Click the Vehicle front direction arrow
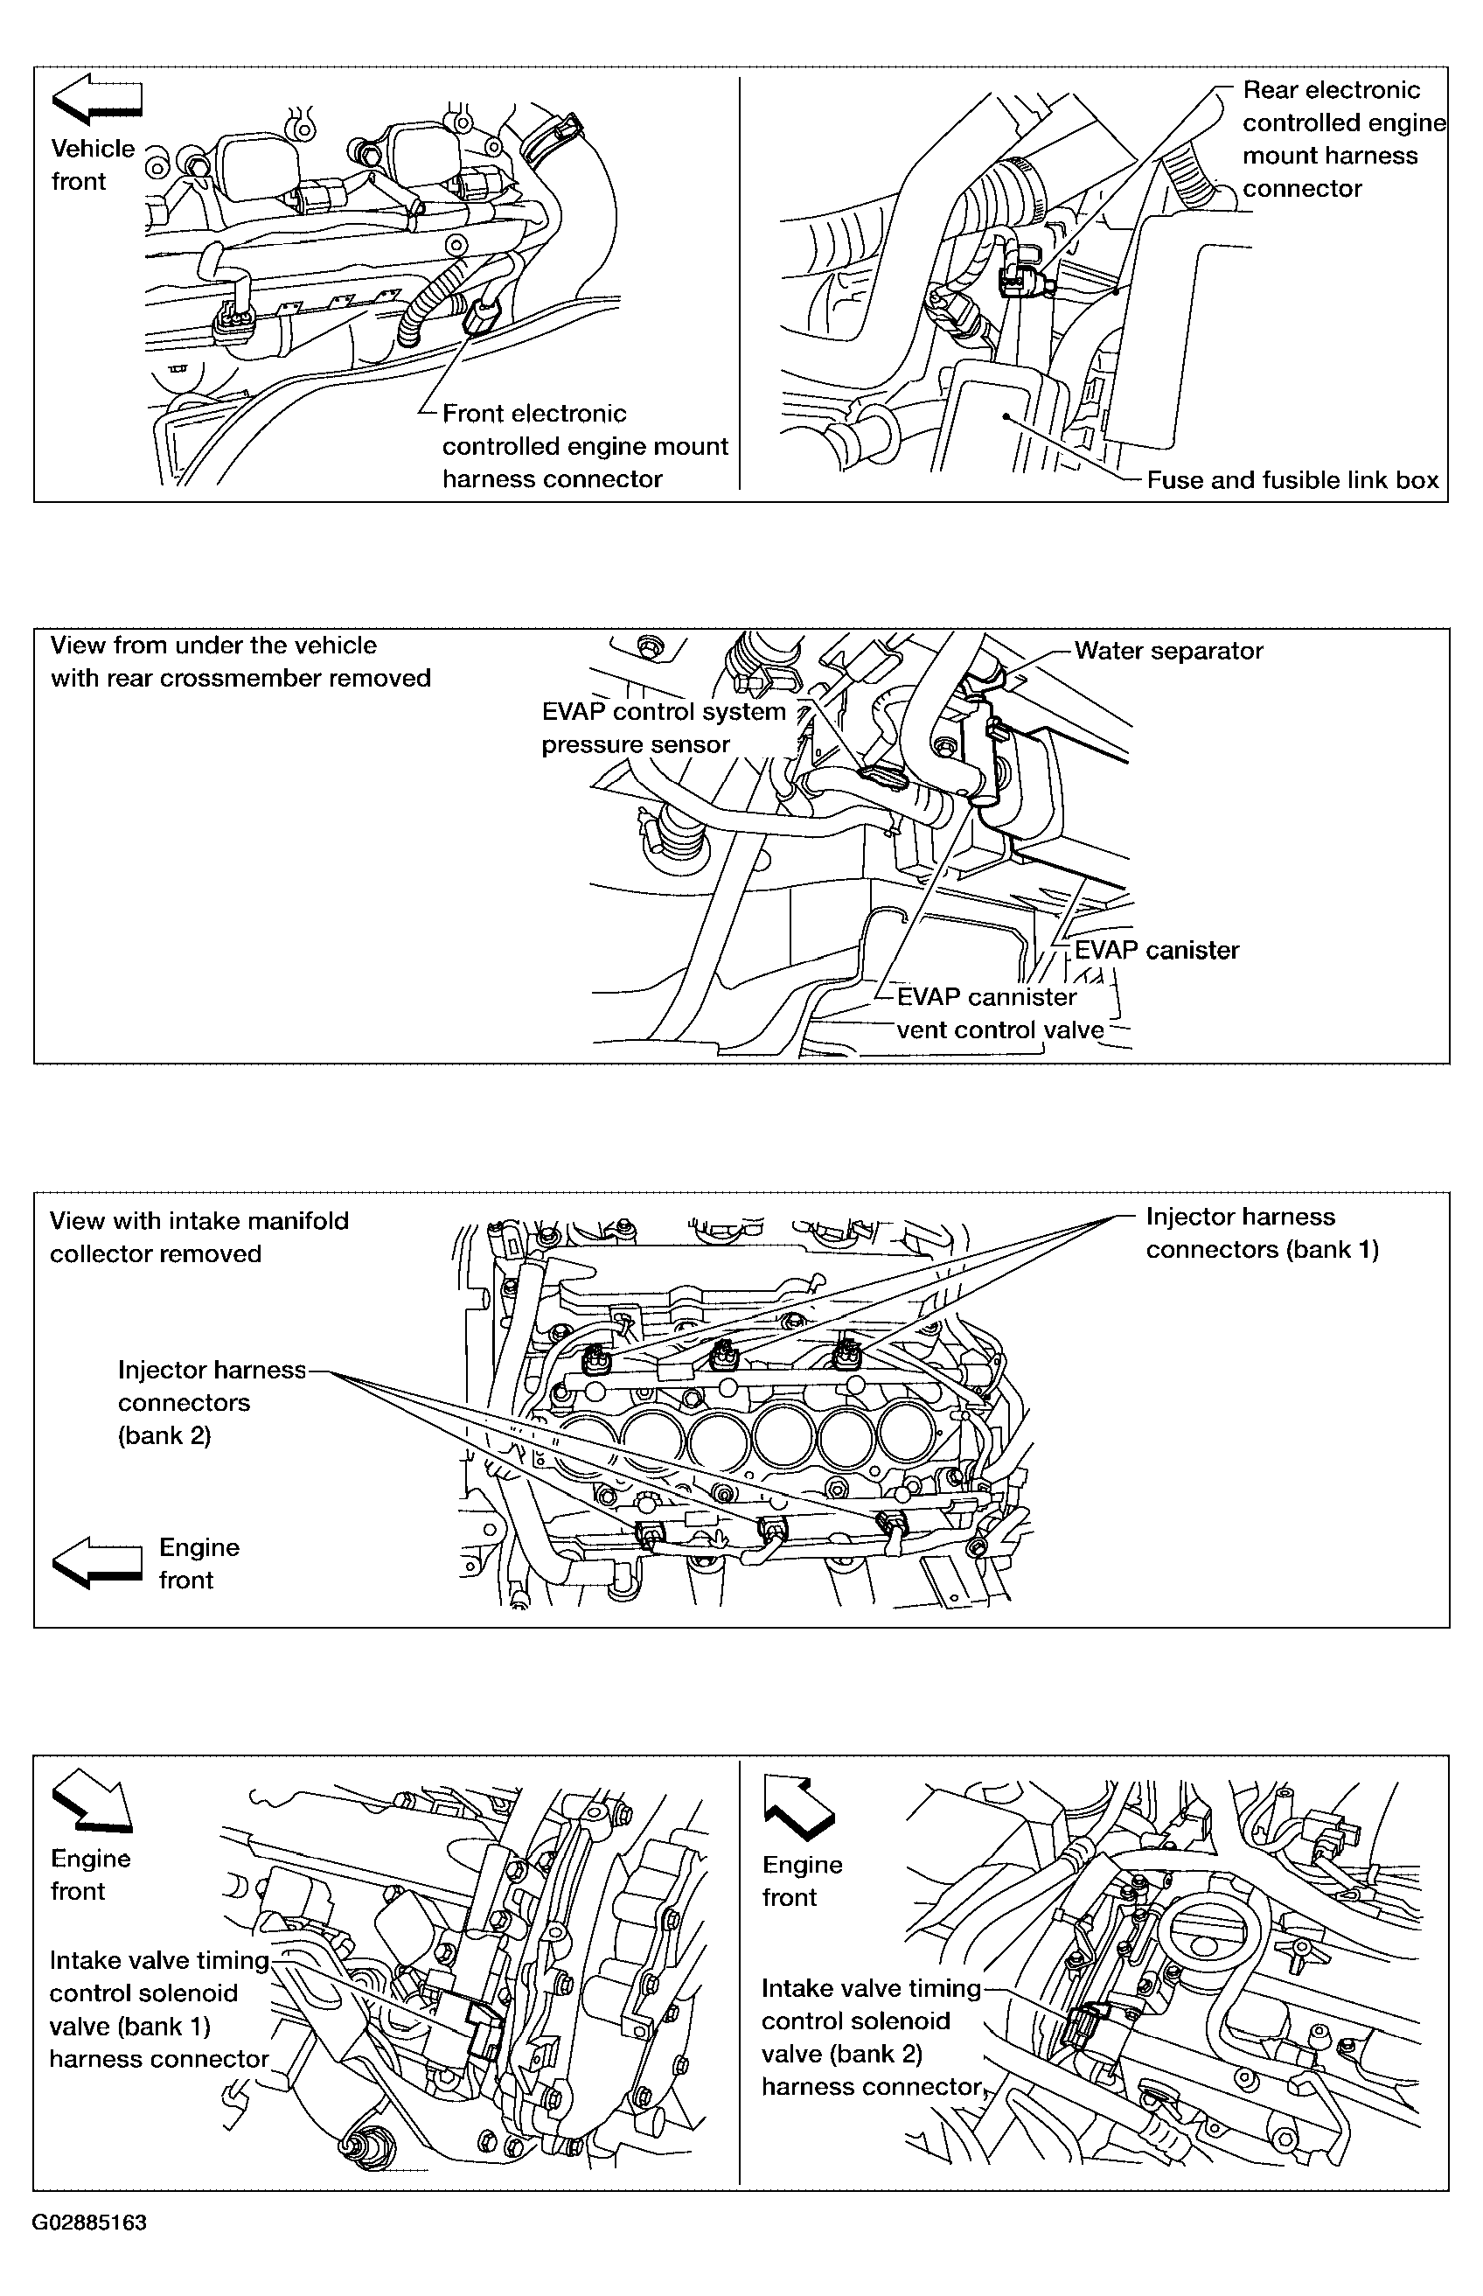coord(96,101)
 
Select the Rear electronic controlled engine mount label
coord(1344,139)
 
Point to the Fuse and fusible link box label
coord(1292,479)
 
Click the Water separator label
coord(1168,650)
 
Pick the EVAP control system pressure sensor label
coord(664,727)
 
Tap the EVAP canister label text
coord(1157,950)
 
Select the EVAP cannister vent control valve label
coord(999,1012)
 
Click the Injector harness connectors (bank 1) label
coord(1262,1232)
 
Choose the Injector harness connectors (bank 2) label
coord(211,1401)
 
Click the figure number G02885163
coord(89,2222)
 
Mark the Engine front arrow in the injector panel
coord(96,1561)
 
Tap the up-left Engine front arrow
coord(799,1800)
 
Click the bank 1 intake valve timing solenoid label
coord(160,2009)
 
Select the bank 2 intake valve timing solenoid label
coord(872,2036)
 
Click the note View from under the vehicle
coord(240,661)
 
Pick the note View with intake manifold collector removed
coord(199,1237)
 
